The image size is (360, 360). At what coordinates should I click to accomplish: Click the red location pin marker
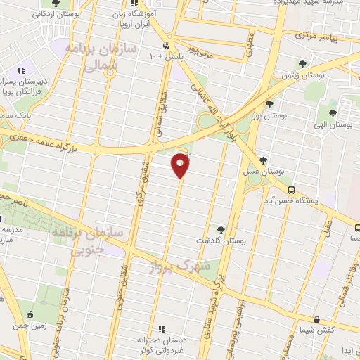click(x=181, y=166)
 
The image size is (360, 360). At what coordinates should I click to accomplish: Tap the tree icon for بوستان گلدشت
click(x=221, y=230)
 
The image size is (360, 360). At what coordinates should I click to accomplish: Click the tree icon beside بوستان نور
click(x=270, y=104)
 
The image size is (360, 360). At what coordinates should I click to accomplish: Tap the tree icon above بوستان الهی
click(x=333, y=111)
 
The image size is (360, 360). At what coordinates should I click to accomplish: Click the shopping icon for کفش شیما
click(x=316, y=319)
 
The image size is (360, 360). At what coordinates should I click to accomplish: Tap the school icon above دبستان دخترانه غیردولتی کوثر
click(x=162, y=328)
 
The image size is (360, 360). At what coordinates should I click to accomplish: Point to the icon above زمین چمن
click(x=30, y=314)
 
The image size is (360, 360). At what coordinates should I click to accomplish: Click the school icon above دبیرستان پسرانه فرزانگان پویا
click(x=21, y=71)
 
